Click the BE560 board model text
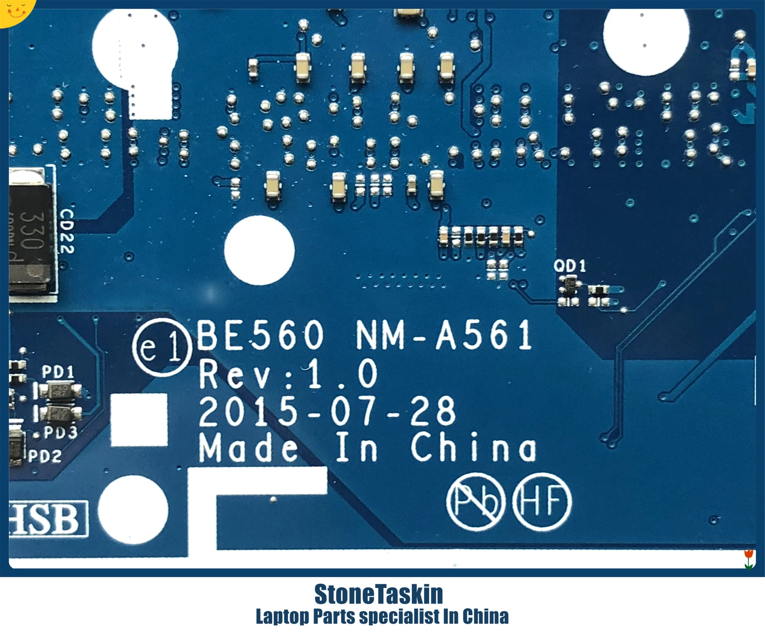tap(260, 336)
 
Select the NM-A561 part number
tap(443, 336)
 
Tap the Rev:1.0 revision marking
tap(288, 374)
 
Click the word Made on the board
tap(249, 448)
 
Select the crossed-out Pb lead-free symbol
tap(476, 502)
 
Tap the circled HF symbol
tap(542, 502)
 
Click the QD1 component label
tap(569, 266)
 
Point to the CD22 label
tap(67, 231)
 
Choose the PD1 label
tap(58, 372)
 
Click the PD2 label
tap(45, 457)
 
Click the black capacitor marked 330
tap(31, 231)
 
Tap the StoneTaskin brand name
tap(379, 594)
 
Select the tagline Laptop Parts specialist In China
tap(382, 617)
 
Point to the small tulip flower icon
tap(749, 559)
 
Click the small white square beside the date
tap(139, 420)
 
